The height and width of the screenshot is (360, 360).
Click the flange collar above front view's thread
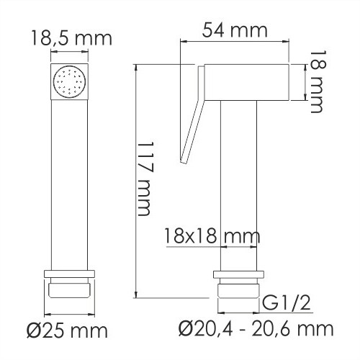pyautogui.click(x=70, y=274)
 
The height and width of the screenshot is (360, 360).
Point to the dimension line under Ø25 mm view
pyautogui.click(x=70, y=314)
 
